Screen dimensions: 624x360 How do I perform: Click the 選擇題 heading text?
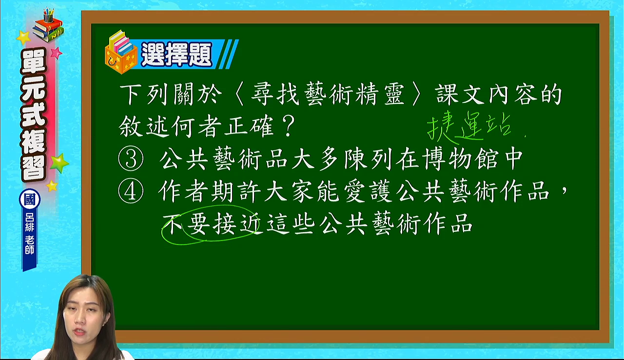pyautogui.click(x=176, y=54)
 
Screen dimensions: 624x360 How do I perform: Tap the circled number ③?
pyautogui.click(x=131, y=159)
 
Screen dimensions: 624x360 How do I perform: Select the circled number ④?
pyautogui.click(x=131, y=191)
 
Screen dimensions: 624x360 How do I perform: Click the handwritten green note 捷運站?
pyautogui.click(x=469, y=127)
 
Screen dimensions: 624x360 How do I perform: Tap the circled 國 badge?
pyautogui.click(x=30, y=200)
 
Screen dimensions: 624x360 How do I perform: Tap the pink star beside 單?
pyautogui.click(x=56, y=53)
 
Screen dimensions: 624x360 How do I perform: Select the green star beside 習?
pyautogui.click(x=59, y=163)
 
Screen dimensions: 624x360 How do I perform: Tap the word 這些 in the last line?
pyautogui.click(x=291, y=224)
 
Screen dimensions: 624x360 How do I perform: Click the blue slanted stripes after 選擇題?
pyautogui.click(x=228, y=54)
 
